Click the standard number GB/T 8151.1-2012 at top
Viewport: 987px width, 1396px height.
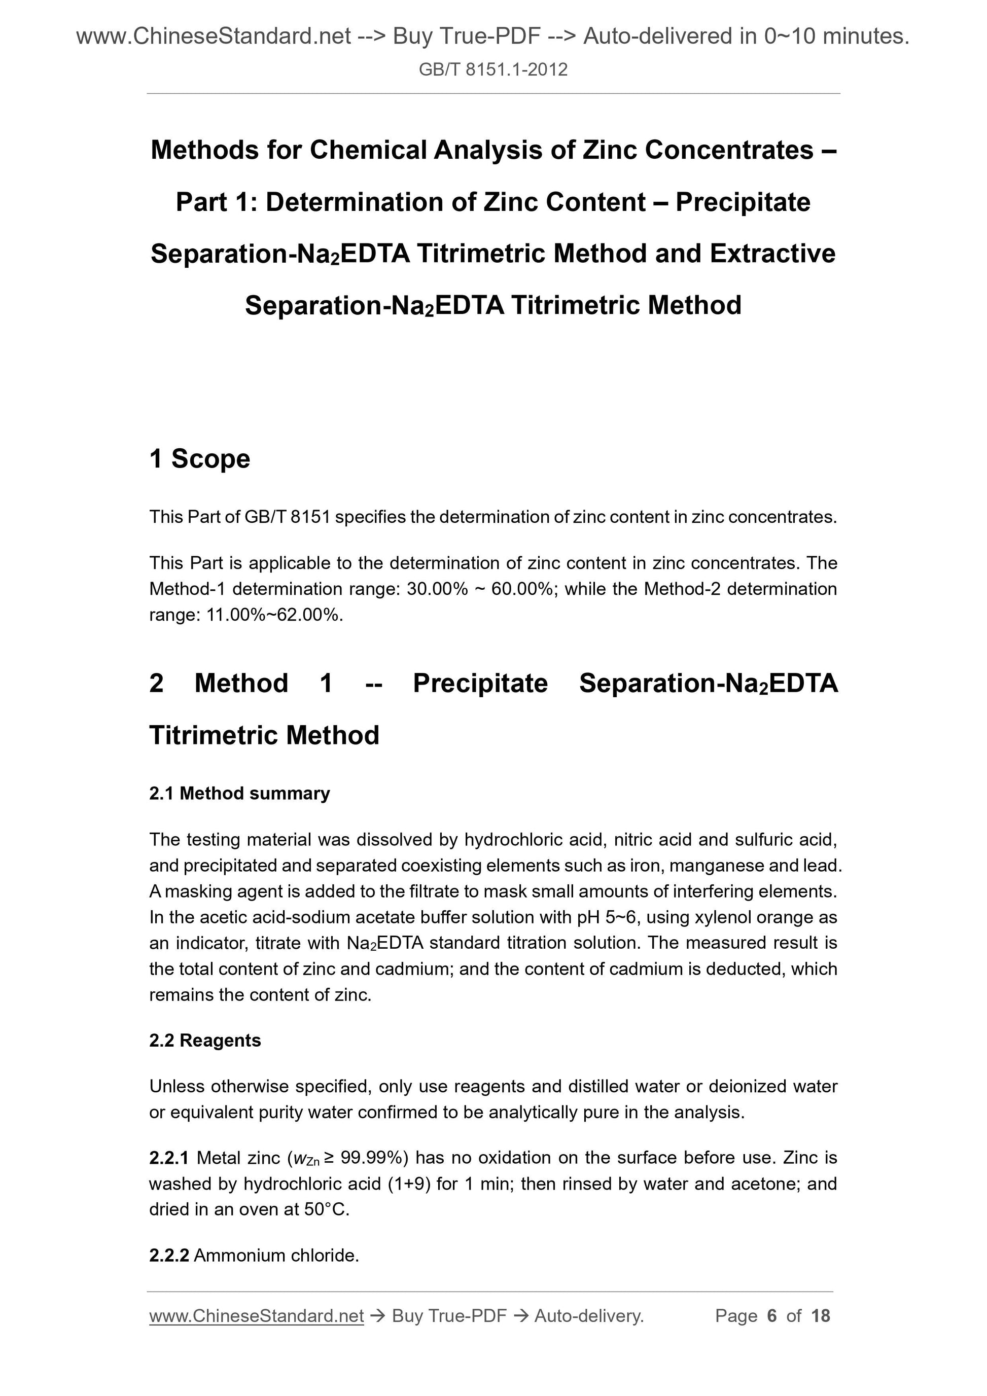[493, 70]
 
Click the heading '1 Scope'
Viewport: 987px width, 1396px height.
[199, 458]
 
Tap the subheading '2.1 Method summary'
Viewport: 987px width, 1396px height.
[239, 794]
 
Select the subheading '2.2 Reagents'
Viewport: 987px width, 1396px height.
[205, 1041]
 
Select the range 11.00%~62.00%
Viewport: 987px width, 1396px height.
[274, 615]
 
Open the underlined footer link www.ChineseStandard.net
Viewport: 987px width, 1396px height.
[256, 1316]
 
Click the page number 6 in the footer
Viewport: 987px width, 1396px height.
[772, 1316]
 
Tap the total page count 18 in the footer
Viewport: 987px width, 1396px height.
[820, 1316]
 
